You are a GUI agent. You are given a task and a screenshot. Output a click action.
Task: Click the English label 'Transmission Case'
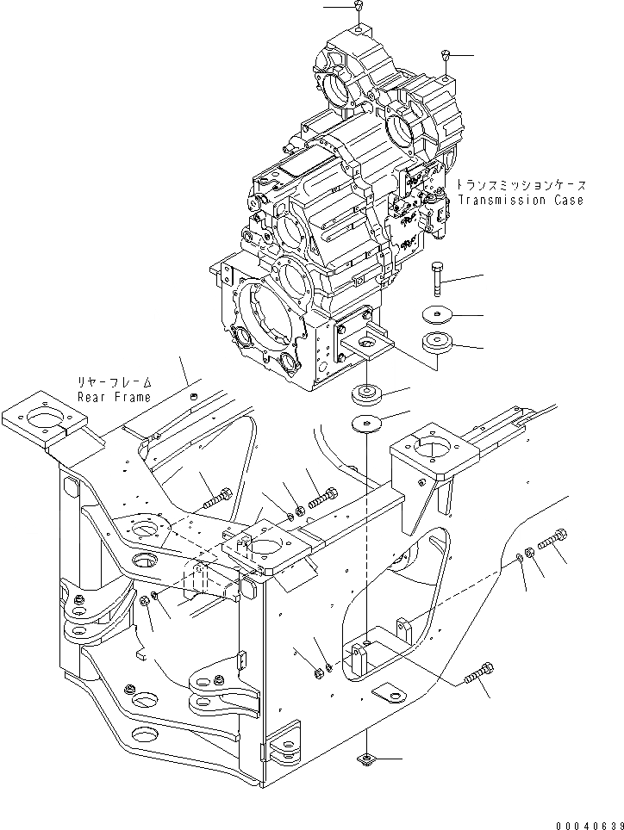(521, 201)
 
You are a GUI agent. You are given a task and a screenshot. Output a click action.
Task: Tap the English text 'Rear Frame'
(114, 397)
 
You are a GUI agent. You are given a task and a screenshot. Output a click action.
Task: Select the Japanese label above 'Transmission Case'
(521, 185)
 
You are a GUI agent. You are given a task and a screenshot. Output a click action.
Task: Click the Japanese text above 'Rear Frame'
(114, 382)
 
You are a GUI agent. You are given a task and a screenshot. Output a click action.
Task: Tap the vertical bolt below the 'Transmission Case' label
(437, 277)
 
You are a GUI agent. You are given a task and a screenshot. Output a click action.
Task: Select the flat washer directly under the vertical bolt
(440, 315)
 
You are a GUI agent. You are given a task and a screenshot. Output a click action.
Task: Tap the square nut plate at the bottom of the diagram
(365, 759)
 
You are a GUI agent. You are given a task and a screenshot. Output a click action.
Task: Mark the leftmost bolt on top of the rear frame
(216, 499)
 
